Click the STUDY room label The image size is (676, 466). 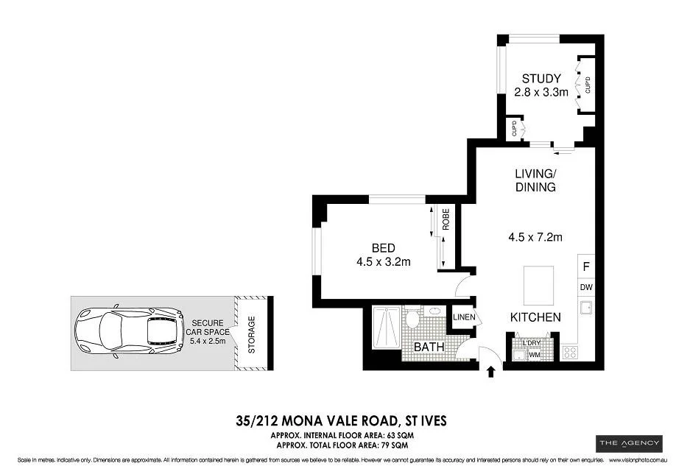[x=541, y=79]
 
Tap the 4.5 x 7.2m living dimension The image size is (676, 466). [x=535, y=237]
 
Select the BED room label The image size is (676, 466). [x=382, y=248]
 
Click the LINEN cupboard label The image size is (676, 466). [x=464, y=317]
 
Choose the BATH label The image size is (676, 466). [x=427, y=346]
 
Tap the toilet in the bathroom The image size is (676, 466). [x=412, y=320]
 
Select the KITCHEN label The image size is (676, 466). [x=536, y=317]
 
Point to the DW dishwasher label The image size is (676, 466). [x=587, y=287]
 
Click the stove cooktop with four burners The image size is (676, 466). [x=570, y=353]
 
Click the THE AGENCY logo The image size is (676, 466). [x=625, y=442]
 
